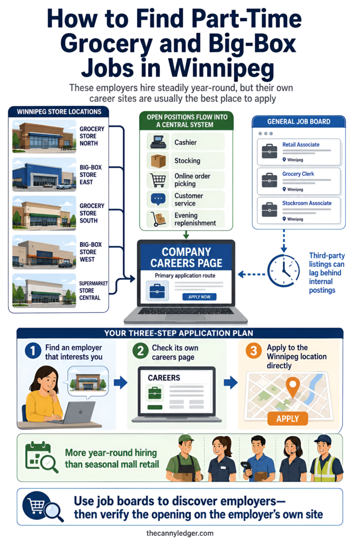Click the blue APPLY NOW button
point(199,296)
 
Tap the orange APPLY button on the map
point(287,418)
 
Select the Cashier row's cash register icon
point(158,142)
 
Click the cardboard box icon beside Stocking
point(158,160)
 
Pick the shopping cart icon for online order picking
point(158,180)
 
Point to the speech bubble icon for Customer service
point(158,199)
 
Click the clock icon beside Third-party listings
point(284,271)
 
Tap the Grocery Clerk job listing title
point(298,174)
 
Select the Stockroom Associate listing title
point(307,203)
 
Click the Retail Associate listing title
point(301,144)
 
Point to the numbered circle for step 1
point(33,351)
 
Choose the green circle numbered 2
point(140,351)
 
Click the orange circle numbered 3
point(254,351)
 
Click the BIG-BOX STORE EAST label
point(91,175)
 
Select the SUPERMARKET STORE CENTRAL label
point(93,291)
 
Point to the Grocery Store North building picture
point(44,136)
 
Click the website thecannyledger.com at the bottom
point(180,533)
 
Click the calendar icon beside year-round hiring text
point(41,457)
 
